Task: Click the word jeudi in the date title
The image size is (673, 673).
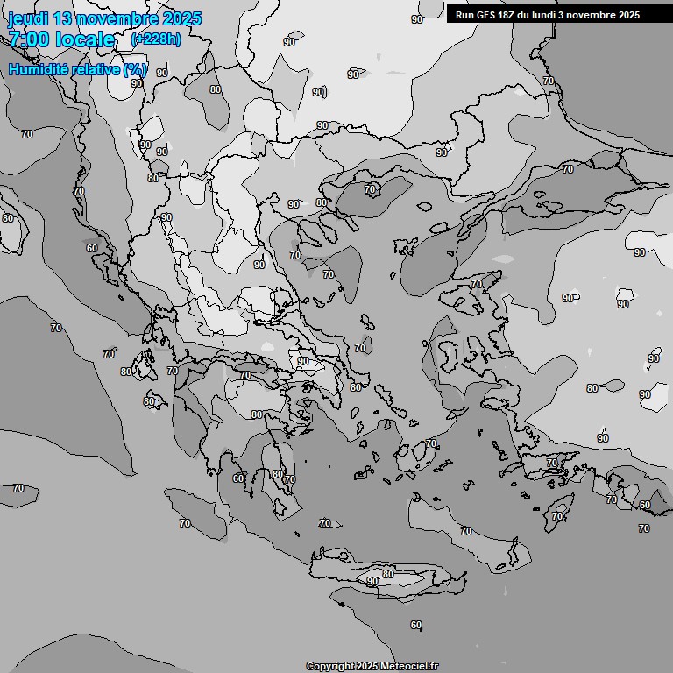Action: coord(29,19)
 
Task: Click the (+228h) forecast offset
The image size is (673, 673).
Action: coord(156,39)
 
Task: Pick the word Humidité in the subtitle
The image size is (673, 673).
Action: coord(40,69)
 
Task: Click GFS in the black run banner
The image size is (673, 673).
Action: coord(489,15)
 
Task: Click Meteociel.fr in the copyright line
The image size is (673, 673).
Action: coord(407,667)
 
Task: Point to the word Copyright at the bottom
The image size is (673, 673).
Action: coord(330,667)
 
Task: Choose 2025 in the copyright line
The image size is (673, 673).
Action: coord(368,667)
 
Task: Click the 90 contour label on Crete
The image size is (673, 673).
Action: coord(372,581)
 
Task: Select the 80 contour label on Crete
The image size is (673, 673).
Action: coord(388,574)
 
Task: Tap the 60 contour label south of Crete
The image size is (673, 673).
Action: coord(415,625)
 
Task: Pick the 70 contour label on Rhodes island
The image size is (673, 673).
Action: coord(557,516)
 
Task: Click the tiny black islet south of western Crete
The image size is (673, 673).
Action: coord(341,604)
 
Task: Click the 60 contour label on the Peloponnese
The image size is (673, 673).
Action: coord(238,478)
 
